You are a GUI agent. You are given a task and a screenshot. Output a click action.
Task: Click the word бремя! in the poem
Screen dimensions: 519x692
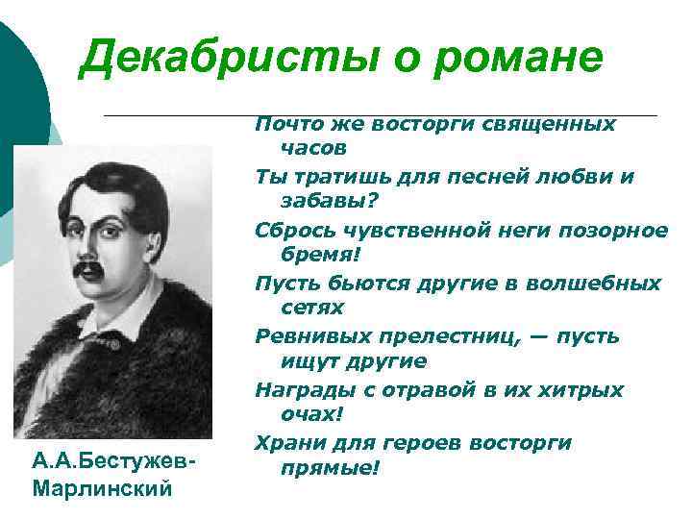pos(319,256)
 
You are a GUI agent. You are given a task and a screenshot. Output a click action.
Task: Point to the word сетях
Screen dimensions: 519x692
pos(311,309)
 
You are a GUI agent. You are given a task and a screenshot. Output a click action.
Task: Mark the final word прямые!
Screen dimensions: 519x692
pos(330,468)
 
